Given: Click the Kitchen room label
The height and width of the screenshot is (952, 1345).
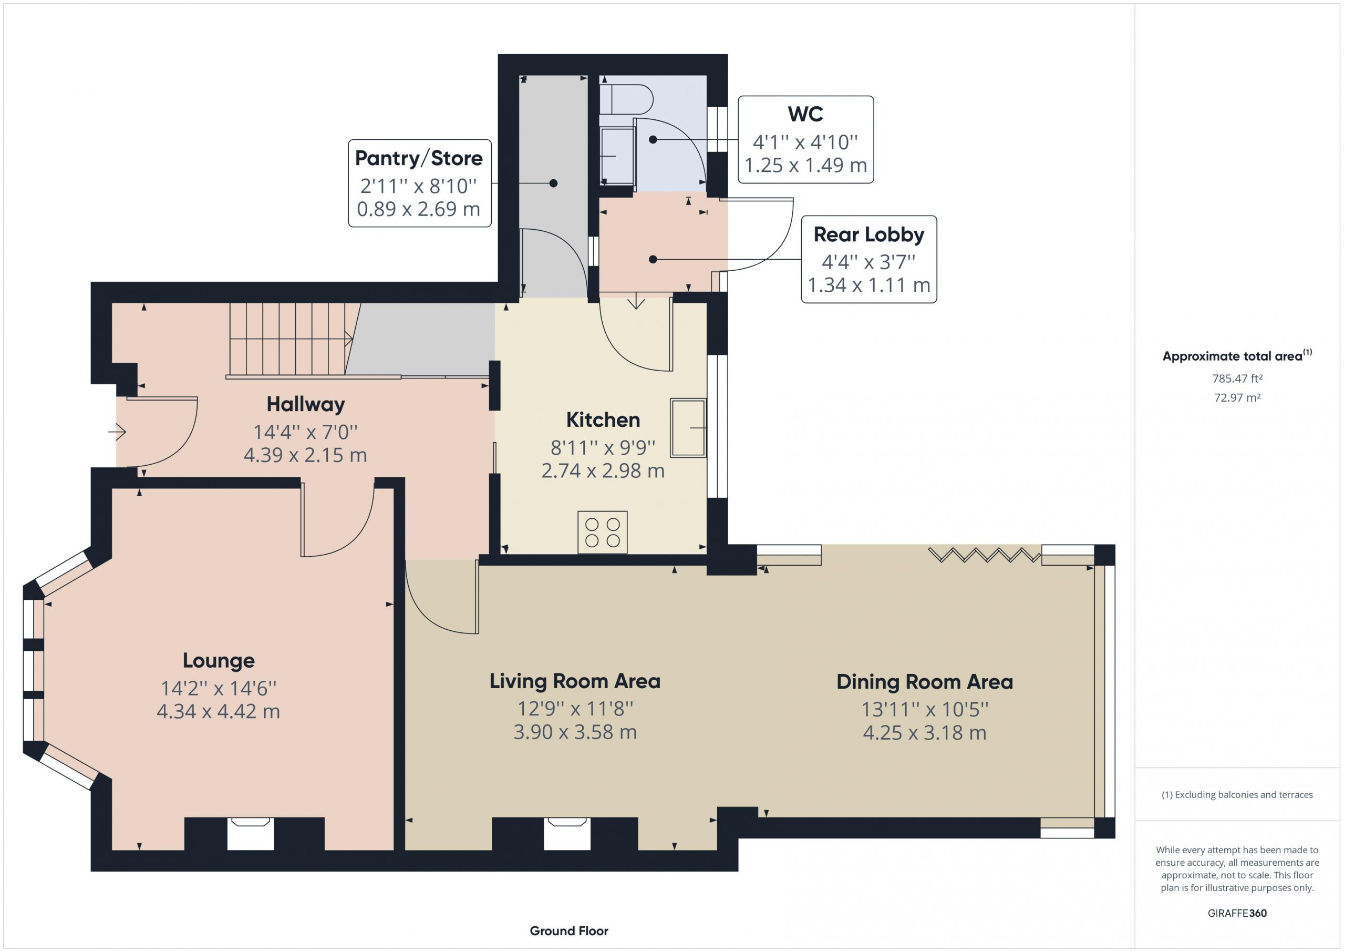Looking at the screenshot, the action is [x=603, y=419].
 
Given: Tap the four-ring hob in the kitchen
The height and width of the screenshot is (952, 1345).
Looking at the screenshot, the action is [x=602, y=533].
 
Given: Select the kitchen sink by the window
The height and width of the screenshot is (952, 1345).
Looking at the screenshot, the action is [x=688, y=428].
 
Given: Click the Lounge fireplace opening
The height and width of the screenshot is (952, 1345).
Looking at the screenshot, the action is [x=251, y=834].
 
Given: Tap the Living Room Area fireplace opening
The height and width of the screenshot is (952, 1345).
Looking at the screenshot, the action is [x=567, y=834].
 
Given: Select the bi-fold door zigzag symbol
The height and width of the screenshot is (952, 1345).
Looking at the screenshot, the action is [x=985, y=555].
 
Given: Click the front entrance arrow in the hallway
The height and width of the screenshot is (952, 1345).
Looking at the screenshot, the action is [x=117, y=433].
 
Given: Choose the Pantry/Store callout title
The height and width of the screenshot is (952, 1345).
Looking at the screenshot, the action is [x=419, y=158].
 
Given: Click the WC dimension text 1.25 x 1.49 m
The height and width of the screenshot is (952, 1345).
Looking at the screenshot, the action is [x=805, y=165].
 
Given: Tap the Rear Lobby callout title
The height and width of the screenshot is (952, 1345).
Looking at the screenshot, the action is [x=869, y=234].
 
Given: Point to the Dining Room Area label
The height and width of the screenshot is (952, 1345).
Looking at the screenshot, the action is [x=924, y=682].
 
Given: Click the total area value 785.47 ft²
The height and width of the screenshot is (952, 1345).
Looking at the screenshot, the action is [x=1237, y=378].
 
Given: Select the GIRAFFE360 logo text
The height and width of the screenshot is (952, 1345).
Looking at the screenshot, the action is [x=1237, y=913].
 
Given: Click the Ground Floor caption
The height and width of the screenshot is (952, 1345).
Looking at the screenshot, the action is [x=569, y=930].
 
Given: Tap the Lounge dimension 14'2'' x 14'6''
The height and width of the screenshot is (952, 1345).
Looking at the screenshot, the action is [x=219, y=688].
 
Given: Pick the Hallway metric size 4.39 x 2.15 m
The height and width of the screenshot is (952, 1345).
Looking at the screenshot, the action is [x=305, y=455].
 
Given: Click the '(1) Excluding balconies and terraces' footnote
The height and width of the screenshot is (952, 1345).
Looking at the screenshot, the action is [x=1237, y=795].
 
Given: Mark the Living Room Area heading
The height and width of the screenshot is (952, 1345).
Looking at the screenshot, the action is [x=575, y=681].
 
